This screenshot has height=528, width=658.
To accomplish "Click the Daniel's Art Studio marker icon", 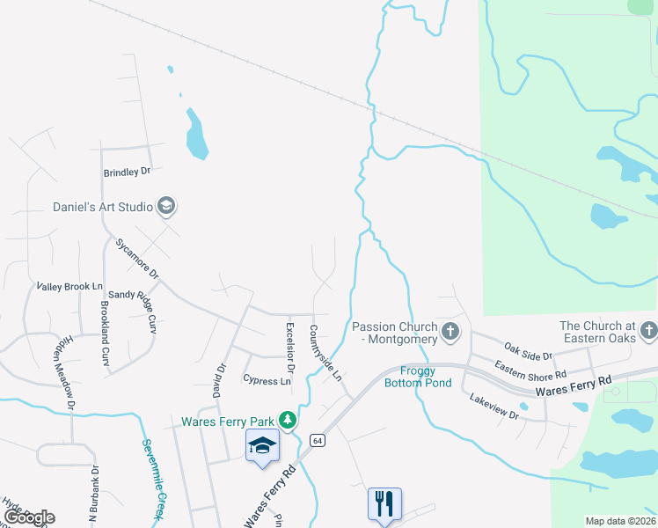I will pos(166,207).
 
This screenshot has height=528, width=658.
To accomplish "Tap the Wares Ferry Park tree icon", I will pos(287,419).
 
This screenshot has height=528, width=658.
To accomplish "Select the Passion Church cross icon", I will pos(450,332).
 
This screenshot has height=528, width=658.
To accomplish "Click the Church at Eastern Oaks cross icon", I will pos(648,332).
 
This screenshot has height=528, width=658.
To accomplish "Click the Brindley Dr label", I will pos(128,172).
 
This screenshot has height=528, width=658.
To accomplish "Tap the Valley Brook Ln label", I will pos(69,287).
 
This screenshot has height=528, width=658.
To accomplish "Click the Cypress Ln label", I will pos(267,381).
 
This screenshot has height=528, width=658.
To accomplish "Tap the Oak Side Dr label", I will pos(528,350).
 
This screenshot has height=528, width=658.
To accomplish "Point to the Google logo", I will pos(29,517).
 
